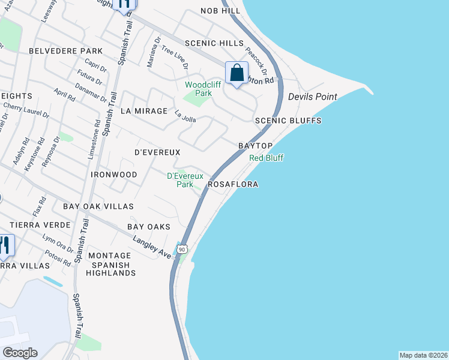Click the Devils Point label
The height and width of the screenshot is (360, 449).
312,97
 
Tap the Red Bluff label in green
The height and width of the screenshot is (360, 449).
267,158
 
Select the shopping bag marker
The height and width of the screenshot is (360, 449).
237,74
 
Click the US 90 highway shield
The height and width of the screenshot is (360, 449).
182,248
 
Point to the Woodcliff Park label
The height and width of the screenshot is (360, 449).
199,89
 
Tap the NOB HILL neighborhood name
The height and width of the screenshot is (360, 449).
216,11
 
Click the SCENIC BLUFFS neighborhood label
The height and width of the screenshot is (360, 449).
288,121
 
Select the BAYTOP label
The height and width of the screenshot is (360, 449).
256,146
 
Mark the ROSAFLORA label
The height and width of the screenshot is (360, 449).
233,185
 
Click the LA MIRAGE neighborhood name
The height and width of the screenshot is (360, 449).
143,111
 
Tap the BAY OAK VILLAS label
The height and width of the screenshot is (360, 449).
98,206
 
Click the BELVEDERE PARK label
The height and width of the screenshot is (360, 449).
66,52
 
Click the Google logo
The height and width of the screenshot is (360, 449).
20,353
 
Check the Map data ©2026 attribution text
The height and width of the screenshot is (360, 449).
423,355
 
